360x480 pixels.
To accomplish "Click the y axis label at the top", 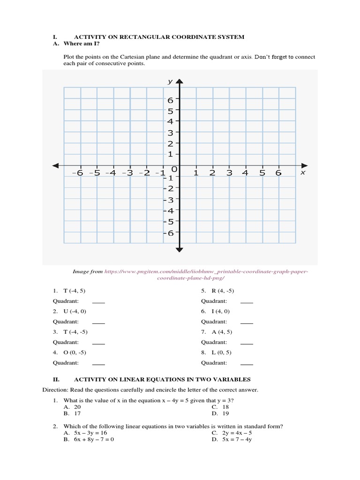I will click(170, 82).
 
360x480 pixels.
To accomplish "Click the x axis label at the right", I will click(302, 172).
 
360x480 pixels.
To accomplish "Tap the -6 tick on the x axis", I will click(78, 172).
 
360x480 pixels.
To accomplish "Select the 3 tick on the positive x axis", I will click(229, 172).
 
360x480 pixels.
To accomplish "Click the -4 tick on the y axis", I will click(168, 210).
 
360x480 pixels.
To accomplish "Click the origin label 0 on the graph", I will click(174, 169).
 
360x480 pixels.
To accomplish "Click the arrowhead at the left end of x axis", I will click(55, 165).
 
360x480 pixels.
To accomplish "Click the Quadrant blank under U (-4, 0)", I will click(98, 322).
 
